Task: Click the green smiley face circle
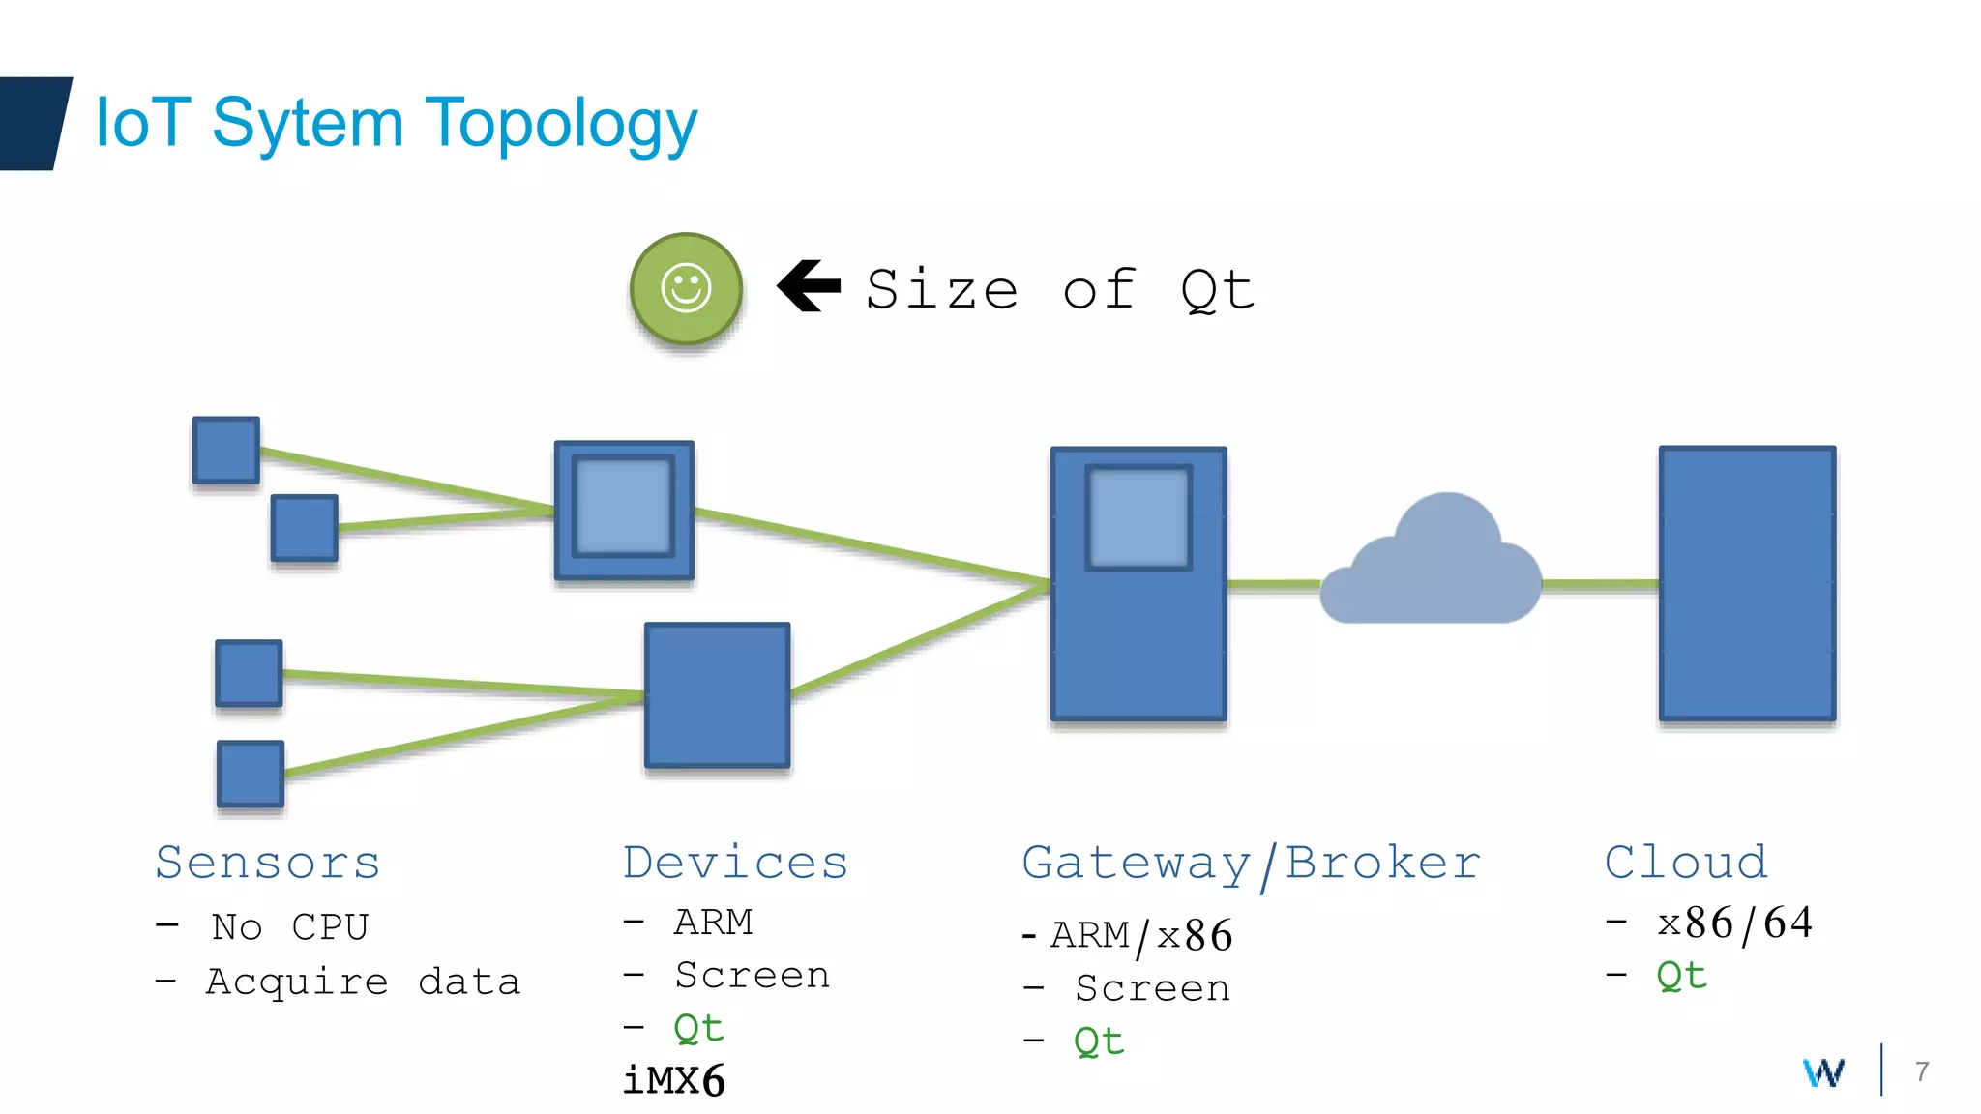tap(686, 288)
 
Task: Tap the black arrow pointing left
tap(810, 286)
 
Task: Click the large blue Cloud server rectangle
tap(1747, 583)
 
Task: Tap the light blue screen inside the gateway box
tap(1138, 517)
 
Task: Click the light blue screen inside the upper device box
tap(623, 506)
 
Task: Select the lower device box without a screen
tap(717, 694)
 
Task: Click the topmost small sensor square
tap(225, 450)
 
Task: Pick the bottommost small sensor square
tap(251, 774)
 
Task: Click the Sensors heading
tap(268, 862)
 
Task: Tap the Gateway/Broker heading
tap(1251, 864)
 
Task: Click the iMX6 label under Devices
tap(673, 1080)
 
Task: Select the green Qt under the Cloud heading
tap(1681, 976)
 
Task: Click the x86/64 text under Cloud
tap(1734, 923)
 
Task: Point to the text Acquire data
tap(363, 982)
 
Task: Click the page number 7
tap(1922, 1071)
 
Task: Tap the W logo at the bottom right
tap(1823, 1071)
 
